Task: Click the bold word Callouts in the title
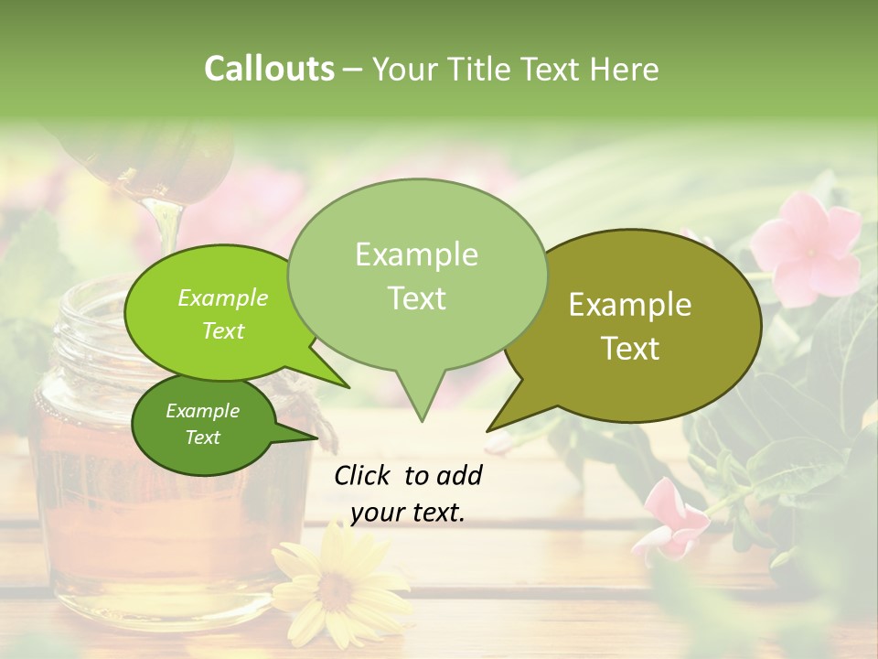[269, 69]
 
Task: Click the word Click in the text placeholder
[364, 475]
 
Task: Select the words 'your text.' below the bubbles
[407, 513]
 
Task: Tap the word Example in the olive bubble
[630, 305]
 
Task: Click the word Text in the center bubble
[417, 298]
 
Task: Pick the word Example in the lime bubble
[222, 297]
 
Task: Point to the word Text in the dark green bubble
[203, 438]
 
